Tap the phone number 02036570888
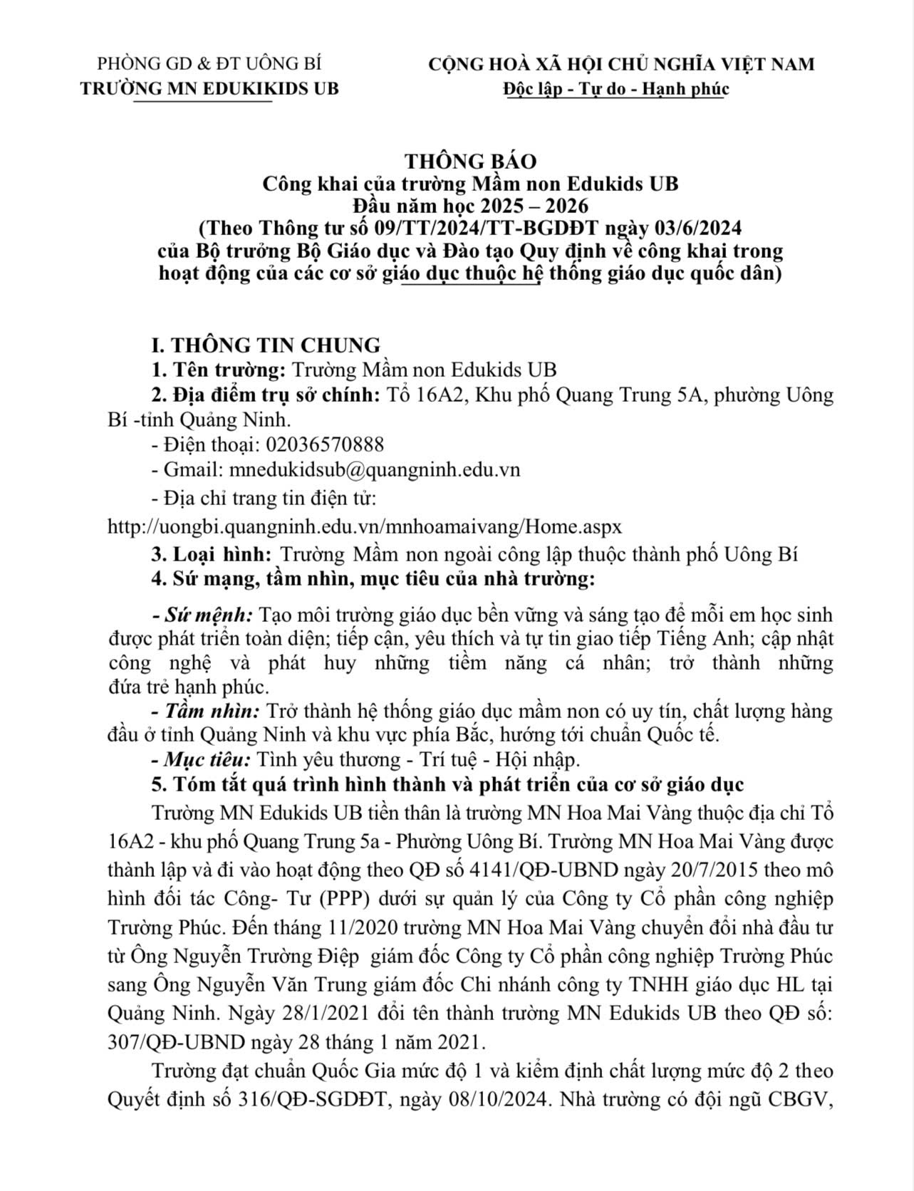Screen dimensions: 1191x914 325,444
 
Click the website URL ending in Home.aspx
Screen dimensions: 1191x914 365,526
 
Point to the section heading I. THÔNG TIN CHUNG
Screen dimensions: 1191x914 266,345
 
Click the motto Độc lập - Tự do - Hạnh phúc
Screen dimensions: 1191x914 615,88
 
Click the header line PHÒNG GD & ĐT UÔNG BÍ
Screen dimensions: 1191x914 209,63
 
